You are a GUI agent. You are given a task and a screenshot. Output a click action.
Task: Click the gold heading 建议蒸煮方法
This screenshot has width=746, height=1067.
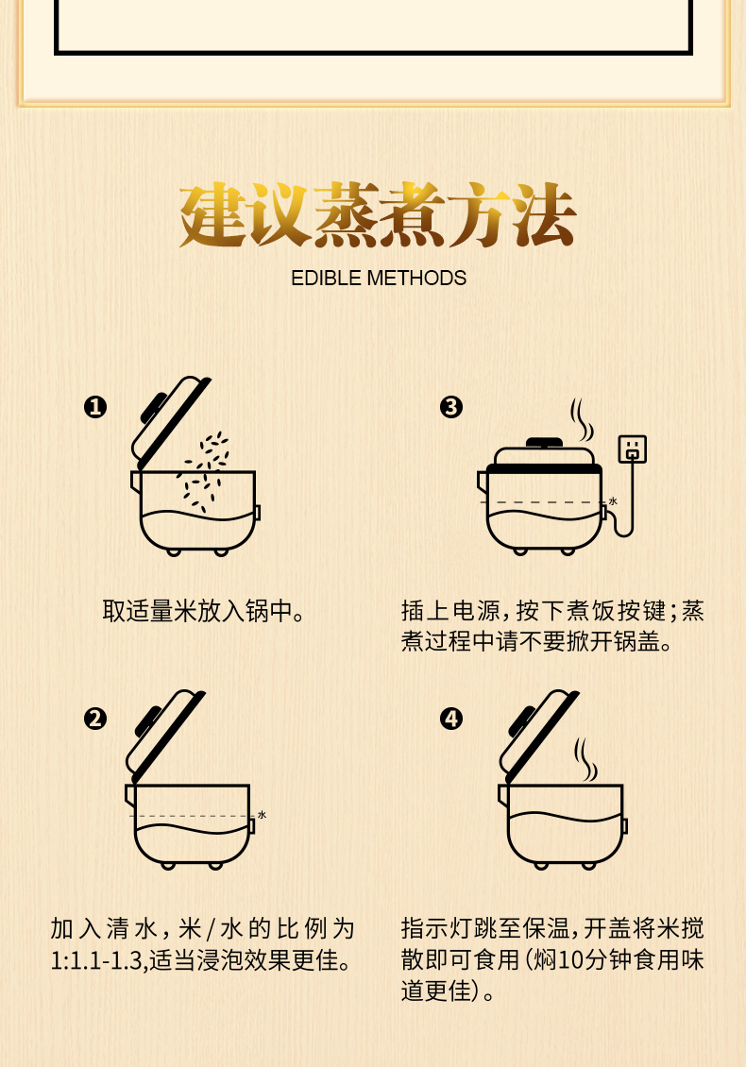[378, 215]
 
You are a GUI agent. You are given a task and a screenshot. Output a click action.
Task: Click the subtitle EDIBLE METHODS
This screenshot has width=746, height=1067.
[379, 279]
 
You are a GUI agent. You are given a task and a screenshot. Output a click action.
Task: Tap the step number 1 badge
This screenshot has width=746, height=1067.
[95, 407]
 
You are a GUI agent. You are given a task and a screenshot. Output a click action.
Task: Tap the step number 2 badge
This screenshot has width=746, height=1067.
[95, 719]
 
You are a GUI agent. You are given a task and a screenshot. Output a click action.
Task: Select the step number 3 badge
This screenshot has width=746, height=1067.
[450, 407]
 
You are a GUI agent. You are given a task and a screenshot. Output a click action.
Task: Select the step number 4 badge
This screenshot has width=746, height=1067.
[450, 719]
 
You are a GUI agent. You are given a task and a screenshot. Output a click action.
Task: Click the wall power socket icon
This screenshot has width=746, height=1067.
[633, 449]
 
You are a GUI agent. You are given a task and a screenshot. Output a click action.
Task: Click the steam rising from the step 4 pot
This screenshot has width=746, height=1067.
[586, 759]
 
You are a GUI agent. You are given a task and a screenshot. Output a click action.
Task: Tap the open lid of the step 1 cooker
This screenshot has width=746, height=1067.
[170, 422]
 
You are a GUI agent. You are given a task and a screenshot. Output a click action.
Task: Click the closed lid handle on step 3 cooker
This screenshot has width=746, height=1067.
[545, 442]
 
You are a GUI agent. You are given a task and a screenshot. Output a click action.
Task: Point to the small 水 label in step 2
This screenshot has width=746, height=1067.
[263, 815]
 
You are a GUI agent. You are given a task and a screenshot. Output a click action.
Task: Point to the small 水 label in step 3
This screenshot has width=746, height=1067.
[613, 501]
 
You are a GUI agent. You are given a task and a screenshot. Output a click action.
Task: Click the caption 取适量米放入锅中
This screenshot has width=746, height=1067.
[203, 610]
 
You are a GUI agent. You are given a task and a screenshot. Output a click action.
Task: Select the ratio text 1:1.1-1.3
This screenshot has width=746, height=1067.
[96, 960]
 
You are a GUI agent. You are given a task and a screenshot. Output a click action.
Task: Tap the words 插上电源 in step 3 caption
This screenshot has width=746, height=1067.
[450, 610]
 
